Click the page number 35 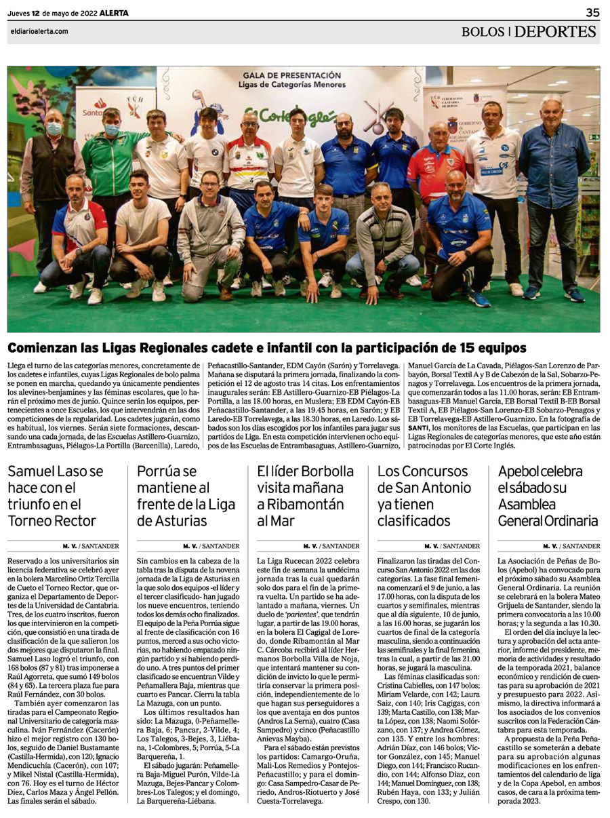(592, 12)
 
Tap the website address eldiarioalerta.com (39, 31)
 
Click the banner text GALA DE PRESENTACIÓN (291, 75)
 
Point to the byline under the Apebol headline (570, 545)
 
